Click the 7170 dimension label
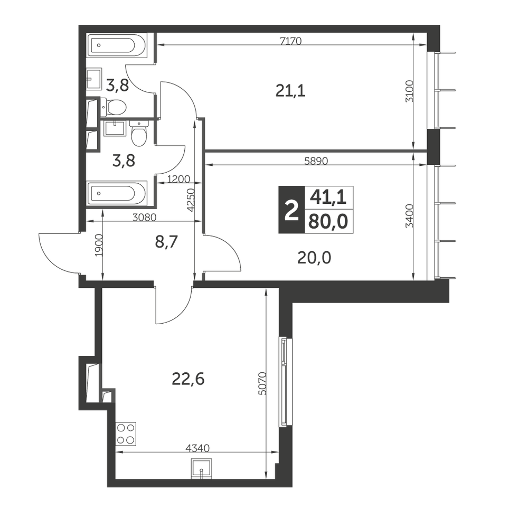[x=290, y=41]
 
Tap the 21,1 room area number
[x=290, y=91]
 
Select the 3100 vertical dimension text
[x=409, y=91]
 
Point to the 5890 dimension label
[x=316, y=161]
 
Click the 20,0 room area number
[x=314, y=258]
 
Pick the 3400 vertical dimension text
[x=409, y=216]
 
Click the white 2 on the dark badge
[x=291, y=210]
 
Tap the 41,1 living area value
[x=328, y=197]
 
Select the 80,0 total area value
[x=328, y=222]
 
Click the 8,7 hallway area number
[x=166, y=242]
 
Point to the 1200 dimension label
[x=178, y=179]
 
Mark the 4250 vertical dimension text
[x=191, y=200]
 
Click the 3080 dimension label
[x=145, y=218]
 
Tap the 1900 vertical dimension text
[x=99, y=245]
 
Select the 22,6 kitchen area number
[x=188, y=380]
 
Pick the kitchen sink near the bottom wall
[x=201, y=468]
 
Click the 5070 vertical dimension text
[x=263, y=383]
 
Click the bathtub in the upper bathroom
[x=117, y=45]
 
